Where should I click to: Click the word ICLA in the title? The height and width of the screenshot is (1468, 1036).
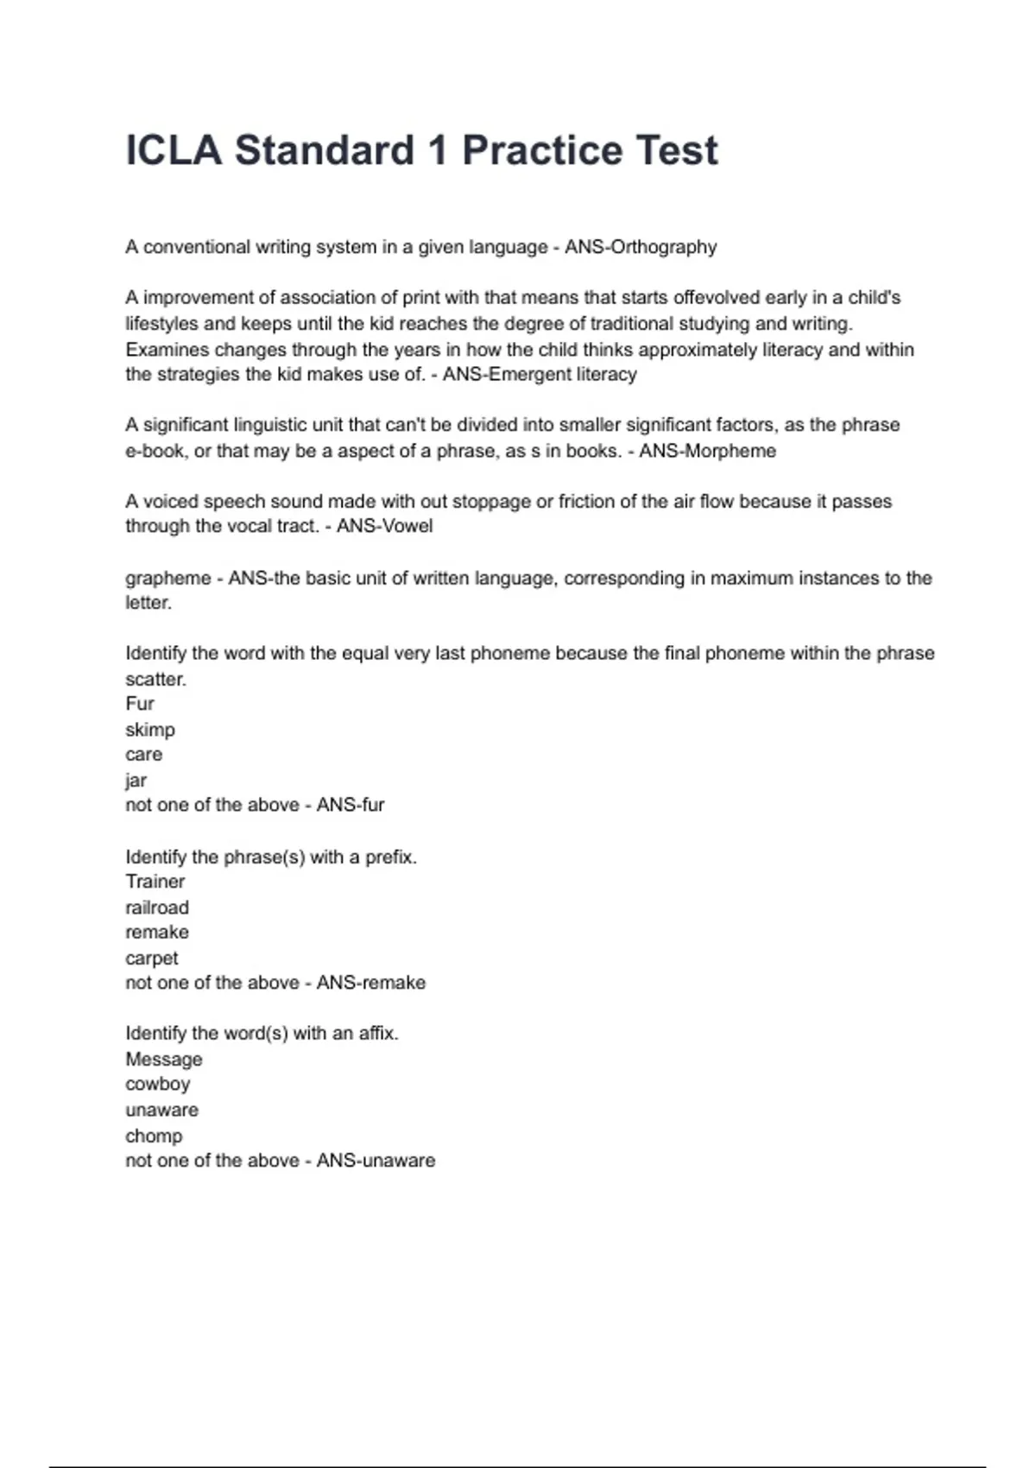click(174, 150)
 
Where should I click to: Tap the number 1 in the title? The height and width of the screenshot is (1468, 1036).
click(438, 150)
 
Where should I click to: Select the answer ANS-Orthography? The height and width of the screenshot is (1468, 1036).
click(641, 247)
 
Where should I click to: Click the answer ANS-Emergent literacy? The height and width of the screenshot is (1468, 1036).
click(540, 374)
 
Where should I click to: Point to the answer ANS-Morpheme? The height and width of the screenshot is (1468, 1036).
click(707, 451)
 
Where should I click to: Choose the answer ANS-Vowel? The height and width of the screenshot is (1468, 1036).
click(384, 526)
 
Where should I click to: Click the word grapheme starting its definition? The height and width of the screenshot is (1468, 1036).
click(167, 578)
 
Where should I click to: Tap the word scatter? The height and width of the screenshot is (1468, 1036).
click(155, 679)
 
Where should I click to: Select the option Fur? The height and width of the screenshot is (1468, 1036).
click(140, 704)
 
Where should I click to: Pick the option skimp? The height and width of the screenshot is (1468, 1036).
click(150, 730)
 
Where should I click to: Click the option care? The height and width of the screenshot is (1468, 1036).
click(143, 755)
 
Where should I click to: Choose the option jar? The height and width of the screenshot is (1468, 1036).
click(136, 781)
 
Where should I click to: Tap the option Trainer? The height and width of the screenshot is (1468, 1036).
click(155, 882)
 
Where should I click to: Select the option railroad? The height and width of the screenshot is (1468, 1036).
click(157, 908)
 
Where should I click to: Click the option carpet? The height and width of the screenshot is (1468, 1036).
click(152, 958)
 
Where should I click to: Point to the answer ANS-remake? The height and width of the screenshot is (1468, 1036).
click(371, 983)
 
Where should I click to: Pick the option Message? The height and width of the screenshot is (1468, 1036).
click(164, 1059)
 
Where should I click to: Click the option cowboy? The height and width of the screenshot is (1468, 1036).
click(157, 1084)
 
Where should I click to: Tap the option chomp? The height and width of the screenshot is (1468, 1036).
click(154, 1136)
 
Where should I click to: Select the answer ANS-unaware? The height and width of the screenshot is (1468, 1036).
click(376, 1161)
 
